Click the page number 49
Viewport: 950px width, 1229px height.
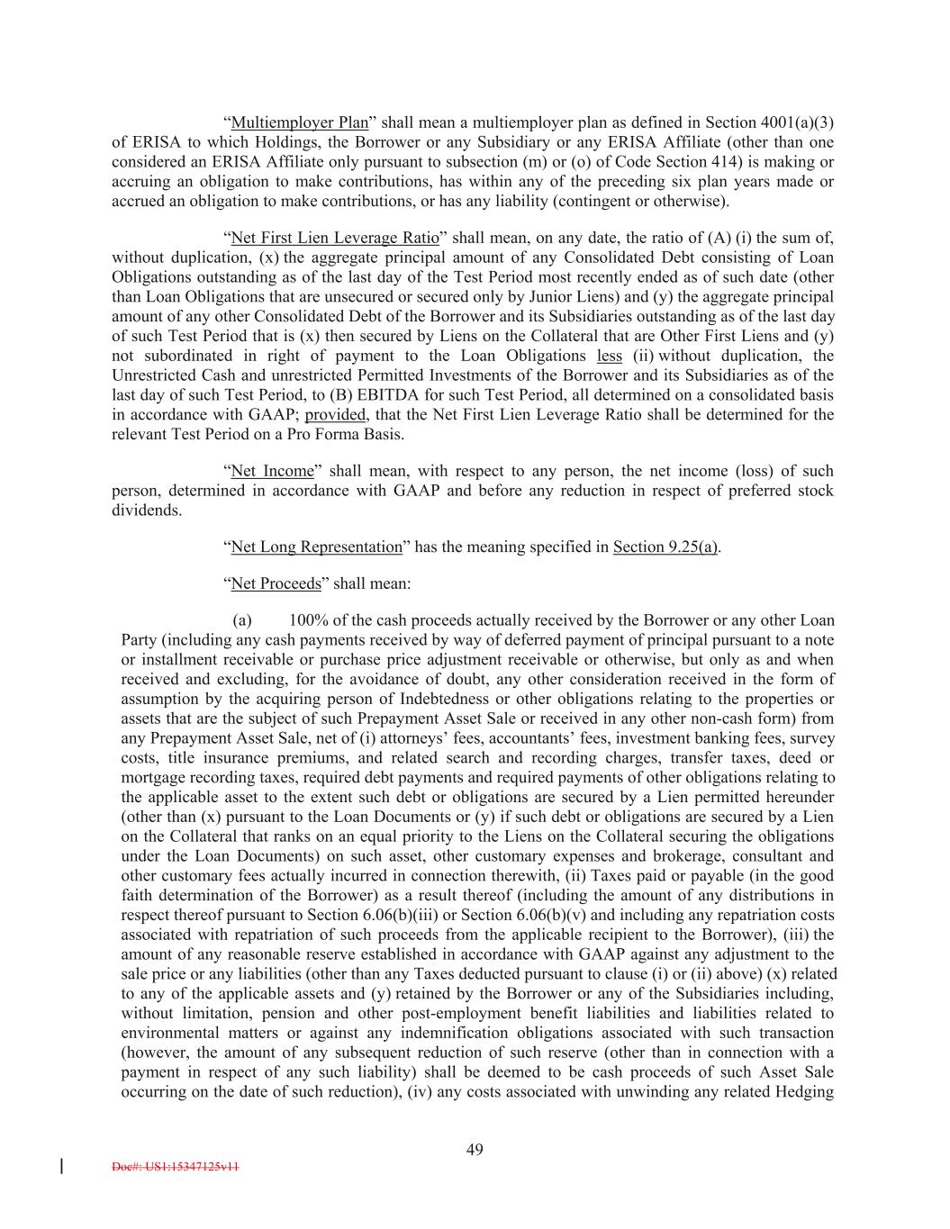click(475, 1149)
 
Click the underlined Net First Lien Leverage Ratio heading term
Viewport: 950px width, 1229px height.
click(335, 238)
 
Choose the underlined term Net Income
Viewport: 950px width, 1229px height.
click(273, 471)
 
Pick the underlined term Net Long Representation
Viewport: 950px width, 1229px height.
click(316, 547)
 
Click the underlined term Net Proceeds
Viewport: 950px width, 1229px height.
click(276, 583)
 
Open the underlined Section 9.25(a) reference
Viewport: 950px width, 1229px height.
click(665, 547)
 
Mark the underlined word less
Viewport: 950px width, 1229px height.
click(610, 356)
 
